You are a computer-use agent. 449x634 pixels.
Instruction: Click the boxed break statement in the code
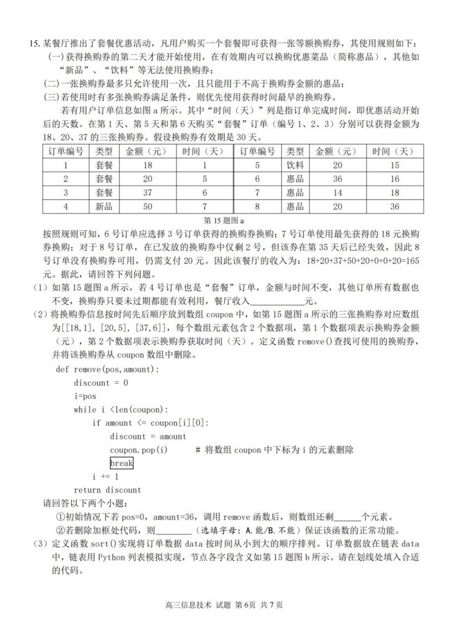pyautogui.click(x=121, y=462)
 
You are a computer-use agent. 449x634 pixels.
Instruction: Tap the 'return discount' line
pyautogui.click(x=107, y=490)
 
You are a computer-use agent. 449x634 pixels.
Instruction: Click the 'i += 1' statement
pyautogui.click(x=105, y=477)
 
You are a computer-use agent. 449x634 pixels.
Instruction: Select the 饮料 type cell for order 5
pyautogui.click(x=296, y=165)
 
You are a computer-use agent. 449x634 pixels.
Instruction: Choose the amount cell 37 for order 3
pyautogui.click(x=146, y=193)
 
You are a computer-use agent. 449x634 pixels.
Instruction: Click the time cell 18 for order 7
pyautogui.click(x=393, y=193)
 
